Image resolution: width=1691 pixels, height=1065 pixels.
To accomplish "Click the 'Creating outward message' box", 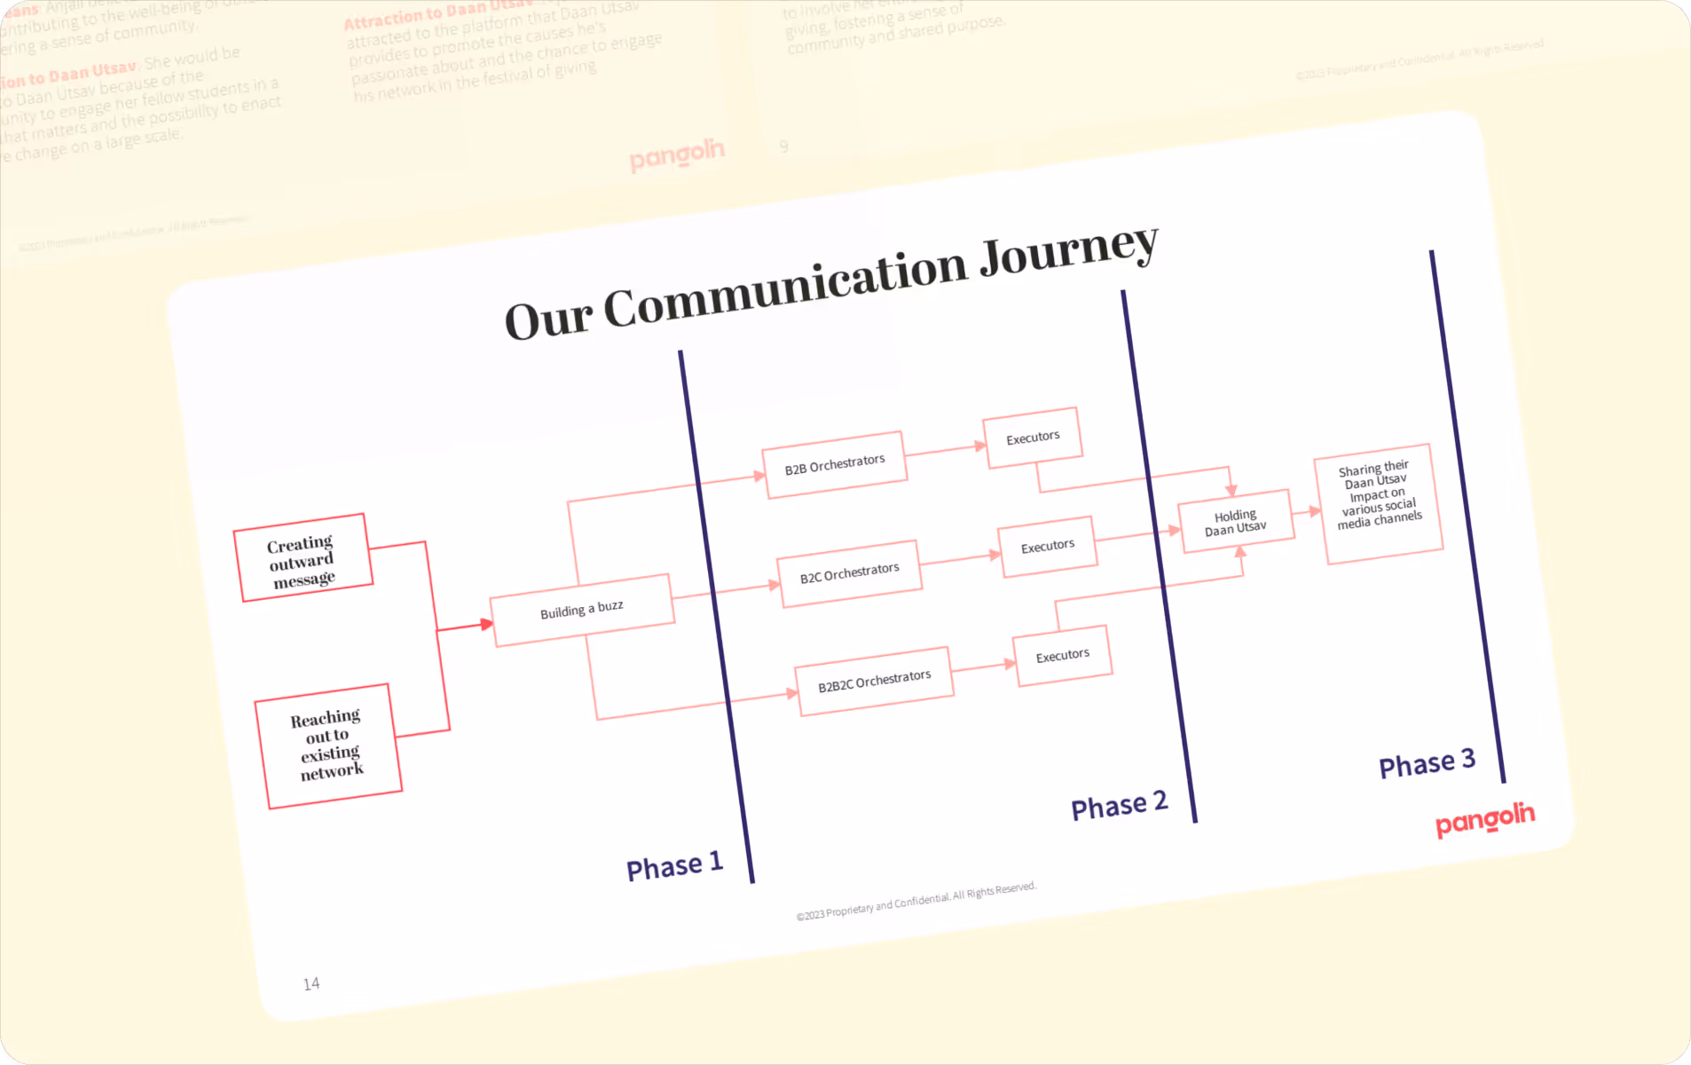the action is (303, 557).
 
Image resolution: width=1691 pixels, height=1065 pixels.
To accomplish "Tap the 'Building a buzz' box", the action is (582, 610).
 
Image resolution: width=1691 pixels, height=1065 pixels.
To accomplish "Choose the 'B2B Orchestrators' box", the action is (834, 464).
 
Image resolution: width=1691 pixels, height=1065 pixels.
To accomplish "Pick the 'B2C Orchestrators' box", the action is (849, 573).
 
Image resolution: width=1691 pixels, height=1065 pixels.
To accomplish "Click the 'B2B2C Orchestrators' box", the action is (875, 681).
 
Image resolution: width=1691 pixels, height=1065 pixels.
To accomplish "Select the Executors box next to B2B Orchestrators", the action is (1032, 438).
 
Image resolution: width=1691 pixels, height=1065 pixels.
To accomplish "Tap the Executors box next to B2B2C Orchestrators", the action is (1062, 656).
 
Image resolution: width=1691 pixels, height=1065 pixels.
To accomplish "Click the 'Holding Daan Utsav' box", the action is (1235, 522).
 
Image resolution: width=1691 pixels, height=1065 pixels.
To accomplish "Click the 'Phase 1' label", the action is (674, 865).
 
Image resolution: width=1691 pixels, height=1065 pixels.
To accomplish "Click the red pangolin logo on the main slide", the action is (1484, 819).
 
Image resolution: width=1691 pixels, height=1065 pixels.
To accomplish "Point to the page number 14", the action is (311, 983).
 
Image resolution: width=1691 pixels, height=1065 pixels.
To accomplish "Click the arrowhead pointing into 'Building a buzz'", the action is (486, 624).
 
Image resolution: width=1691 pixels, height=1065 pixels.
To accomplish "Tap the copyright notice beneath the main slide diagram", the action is (916, 901).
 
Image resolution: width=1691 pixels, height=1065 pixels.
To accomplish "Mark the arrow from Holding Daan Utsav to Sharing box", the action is (1307, 511).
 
